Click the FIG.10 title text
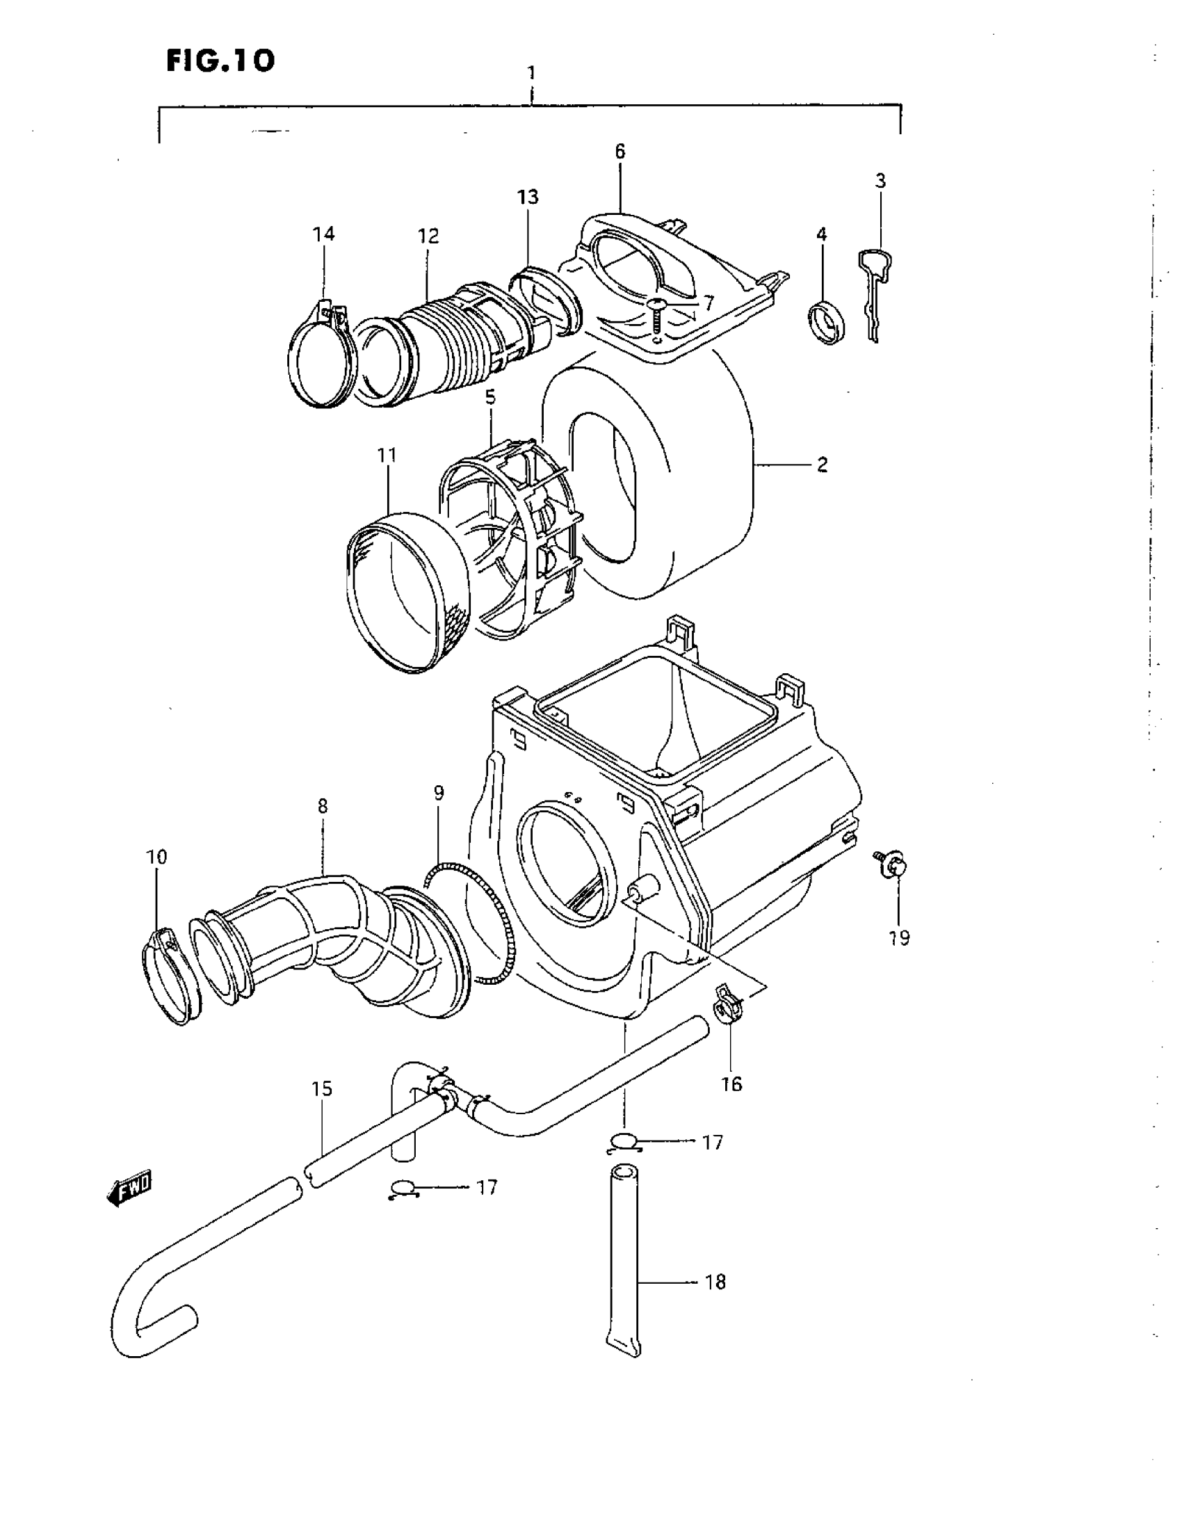[x=220, y=61]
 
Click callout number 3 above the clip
[x=880, y=181]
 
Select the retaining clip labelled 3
[x=875, y=294]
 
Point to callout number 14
[x=323, y=233]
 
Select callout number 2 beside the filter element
[x=822, y=465]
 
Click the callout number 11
[x=387, y=456]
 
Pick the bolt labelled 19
[x=893, y=866]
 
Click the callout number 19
[x=899, y=937]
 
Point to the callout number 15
[x=322, y=1089]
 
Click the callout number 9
[x=438, y=793]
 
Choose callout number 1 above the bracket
[x=531, y=72]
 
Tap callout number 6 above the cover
[x=620, y=152]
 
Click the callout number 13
[x=528, y=198]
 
